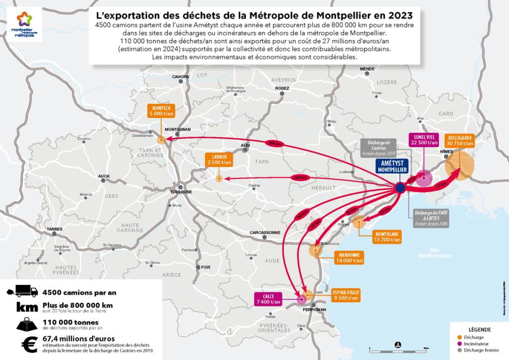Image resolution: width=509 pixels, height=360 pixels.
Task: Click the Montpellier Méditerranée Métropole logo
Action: click(22, 25)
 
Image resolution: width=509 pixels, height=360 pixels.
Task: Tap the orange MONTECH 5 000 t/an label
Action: click(161, 110)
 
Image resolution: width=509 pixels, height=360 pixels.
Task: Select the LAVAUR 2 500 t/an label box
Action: click(219, 159)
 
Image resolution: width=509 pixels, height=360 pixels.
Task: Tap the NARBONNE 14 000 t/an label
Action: click(349, 257)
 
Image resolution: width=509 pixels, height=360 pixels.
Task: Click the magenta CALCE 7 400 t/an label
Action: click(269, 298)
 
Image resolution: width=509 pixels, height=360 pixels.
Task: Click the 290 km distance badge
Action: click(275, 143)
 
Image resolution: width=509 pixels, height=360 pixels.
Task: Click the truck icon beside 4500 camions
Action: click(22, 291)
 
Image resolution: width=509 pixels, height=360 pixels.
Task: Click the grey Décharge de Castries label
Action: click(379, 148)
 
